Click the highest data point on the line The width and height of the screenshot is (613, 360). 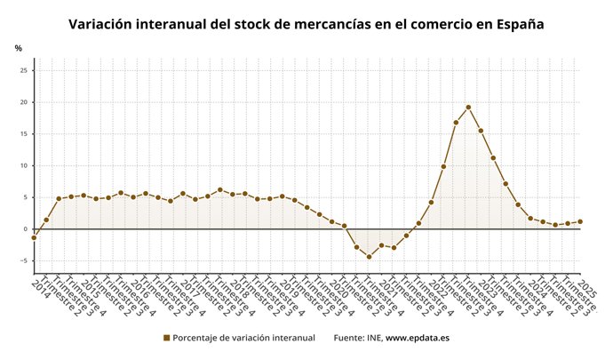tap(468, 108)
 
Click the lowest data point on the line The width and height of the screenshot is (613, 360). tap(369, 257)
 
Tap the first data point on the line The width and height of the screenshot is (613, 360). tap(34, 237)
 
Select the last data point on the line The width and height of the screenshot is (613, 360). tap(580, 221)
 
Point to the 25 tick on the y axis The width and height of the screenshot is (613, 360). tap(24, 70)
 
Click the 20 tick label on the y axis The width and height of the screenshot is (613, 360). tap(24, 102)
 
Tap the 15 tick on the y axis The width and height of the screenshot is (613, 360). tap(24, 134)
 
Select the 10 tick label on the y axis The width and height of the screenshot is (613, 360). tap(24, 165)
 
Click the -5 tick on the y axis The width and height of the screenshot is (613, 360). tap(24, 261)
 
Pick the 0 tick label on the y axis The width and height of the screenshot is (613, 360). tap(27, 229)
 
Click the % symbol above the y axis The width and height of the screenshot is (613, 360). tap(18, 48)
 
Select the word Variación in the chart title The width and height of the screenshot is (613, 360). tap(105, 24)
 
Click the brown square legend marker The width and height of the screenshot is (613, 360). tap(166, 338)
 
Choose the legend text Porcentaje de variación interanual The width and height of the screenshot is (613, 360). tap(243, 338)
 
